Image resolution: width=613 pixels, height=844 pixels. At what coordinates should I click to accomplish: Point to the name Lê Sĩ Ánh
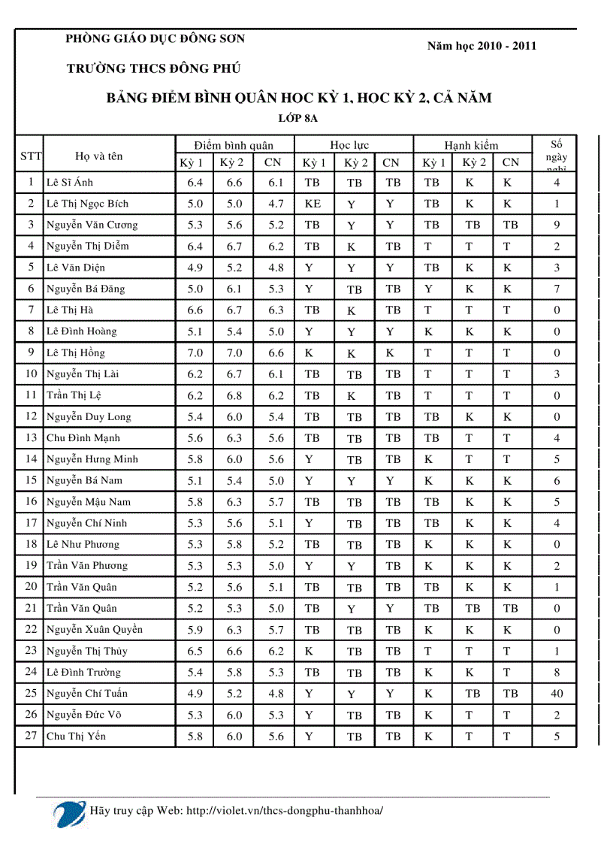click(x=70, y=183)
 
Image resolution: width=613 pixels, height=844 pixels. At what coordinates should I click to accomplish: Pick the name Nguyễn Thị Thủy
click(x=86, y=652)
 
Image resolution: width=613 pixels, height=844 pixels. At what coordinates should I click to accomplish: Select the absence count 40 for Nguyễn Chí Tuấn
click(x=556, y=694)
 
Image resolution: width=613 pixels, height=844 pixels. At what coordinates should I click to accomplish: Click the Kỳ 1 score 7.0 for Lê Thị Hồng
click(x=195, y=353)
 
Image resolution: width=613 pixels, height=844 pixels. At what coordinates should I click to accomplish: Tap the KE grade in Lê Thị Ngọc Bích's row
click(x=313, y=204)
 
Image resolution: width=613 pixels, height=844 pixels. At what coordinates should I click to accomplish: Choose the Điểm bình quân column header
click(x=233, y=145)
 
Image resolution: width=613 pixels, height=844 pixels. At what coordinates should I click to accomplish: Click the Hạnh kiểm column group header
click(x=471, y=145)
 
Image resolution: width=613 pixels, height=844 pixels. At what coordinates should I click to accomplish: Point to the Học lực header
click(x=349, y=145)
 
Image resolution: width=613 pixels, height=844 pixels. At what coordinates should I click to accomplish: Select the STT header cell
click(x=30, y=156)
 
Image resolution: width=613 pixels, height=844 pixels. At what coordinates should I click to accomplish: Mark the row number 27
click(x=31, y=736)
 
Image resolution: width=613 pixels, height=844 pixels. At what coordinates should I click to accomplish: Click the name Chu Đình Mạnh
click(x=83, y=438)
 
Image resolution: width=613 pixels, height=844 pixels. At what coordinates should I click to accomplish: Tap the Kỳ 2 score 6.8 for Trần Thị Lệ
click(x=234, y=396)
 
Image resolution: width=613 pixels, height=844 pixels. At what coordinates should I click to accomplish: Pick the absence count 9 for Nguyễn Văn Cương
click(x=557, y=225)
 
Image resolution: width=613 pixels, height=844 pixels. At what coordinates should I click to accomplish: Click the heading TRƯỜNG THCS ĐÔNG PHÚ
click(x=152, y=68)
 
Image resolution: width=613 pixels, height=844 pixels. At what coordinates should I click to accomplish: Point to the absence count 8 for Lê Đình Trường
click(x=557, y=673)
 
